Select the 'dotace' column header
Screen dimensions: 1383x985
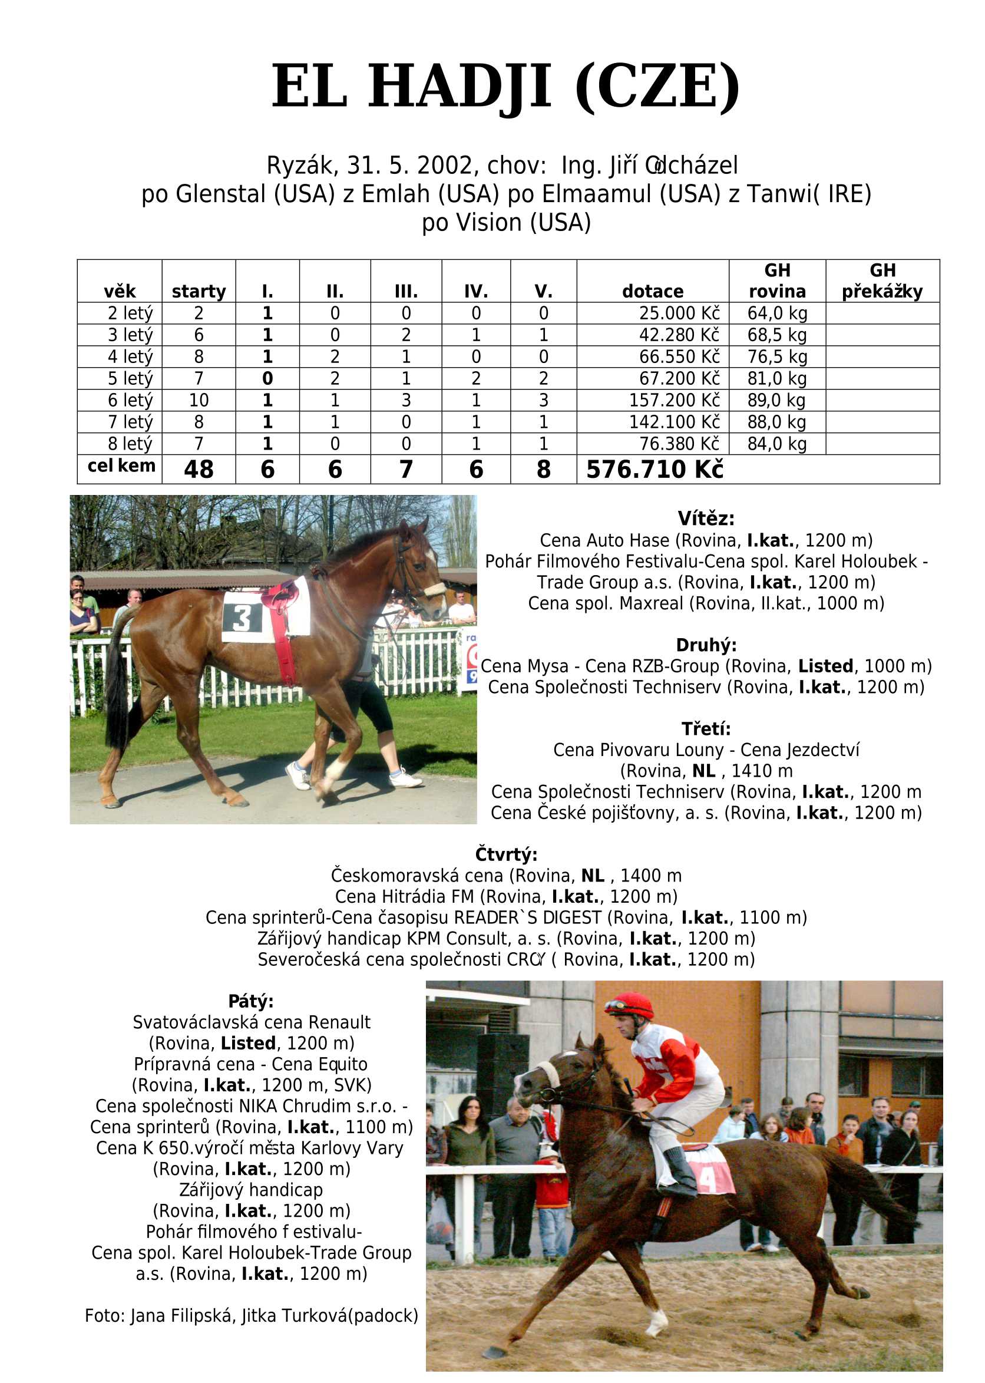pos(653,291)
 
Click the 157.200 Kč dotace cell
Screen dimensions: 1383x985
pos(674,400)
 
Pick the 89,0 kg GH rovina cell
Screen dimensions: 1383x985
pos(776,400)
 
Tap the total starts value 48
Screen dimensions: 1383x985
pos(199,470)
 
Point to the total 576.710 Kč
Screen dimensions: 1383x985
pos(655,470)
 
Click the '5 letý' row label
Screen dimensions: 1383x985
pos(130,378)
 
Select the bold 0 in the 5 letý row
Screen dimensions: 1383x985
pos(267,378)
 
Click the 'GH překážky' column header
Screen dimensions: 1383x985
pos(882,281)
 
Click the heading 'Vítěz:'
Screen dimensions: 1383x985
pos(706,519)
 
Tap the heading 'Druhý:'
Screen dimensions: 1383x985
pos(706,645)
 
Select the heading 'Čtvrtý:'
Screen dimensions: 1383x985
pos(506,854)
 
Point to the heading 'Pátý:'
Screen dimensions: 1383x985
pos(250,1001)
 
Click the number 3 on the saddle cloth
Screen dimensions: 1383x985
pos(242,619)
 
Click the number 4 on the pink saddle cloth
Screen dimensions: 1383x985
pos(707,1179)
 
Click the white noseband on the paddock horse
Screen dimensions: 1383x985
pos(433,589)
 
